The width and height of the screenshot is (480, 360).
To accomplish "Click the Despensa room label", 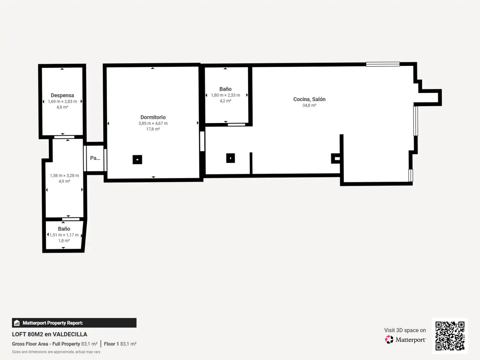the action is click(62, 95).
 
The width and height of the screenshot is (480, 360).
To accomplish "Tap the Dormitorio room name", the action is click(153, 117).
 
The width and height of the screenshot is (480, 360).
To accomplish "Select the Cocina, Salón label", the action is click(309, 99).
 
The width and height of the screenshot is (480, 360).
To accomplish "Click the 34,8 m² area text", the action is click(309, 105).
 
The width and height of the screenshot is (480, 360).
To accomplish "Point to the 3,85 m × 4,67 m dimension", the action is click(153, 123).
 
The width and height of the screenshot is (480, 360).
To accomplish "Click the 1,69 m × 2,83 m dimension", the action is click(62, 102).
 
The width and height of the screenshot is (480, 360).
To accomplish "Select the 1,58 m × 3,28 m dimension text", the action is click(64, 176).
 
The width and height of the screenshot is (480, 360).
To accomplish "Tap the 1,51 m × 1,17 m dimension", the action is click(64, 235).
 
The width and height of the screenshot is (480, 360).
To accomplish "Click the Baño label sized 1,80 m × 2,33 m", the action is click(226, 89).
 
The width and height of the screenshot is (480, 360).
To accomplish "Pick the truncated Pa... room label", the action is click(95, 158).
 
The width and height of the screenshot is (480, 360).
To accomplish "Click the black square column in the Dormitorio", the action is click(137, 160).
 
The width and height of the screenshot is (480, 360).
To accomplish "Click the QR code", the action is click(450, 336).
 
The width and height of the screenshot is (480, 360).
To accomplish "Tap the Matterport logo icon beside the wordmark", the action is click(389, 339).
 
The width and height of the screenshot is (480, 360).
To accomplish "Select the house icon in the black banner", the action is click(17, 323).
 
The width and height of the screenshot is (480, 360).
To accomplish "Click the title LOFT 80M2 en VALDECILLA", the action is click(49, 334).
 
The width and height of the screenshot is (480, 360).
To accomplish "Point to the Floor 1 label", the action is click(111, 344).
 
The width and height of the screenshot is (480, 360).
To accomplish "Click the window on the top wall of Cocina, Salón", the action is click(383, 64).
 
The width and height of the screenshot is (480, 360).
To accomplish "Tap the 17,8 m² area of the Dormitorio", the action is click(153, 129).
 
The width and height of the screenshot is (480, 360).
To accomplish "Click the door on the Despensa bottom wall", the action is click(64, 137).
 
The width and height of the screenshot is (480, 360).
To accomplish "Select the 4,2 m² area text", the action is click(226, 101).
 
